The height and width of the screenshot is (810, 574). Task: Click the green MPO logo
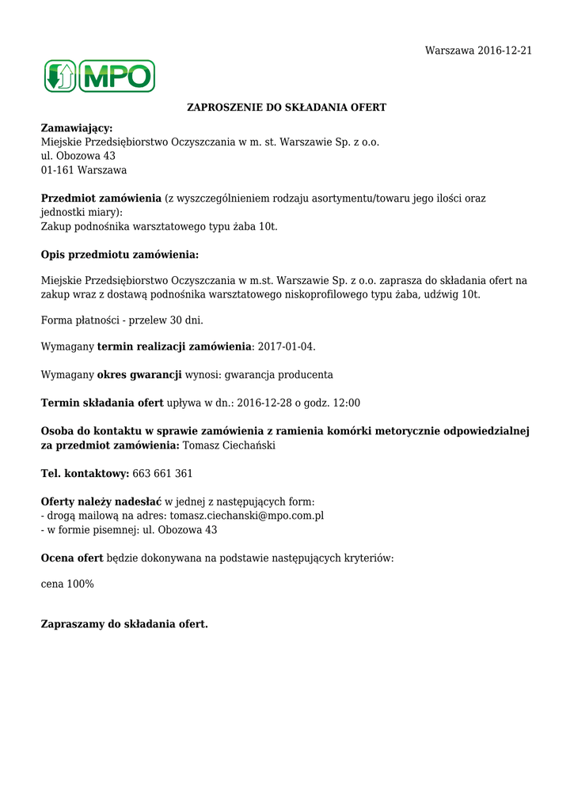pyautogui.click(x=100, y=76)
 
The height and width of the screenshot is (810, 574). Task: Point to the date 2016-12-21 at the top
pyautogui.click(x=504, y=51)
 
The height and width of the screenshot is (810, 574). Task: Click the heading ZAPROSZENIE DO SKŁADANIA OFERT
pyautogui.click(x=287, y=107)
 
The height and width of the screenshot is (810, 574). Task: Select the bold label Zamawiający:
pyautogui.click(x=77, y=127)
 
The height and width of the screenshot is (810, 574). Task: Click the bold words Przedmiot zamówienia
pyautogui.click(x=101, y=198)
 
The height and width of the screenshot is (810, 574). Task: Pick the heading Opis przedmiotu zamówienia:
pyautogui.click(x=120, y=255)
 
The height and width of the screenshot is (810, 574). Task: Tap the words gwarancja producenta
pyautogui.click(x=279, y=374)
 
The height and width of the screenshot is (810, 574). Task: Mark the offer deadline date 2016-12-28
pyautogui.click(x=266, y=403)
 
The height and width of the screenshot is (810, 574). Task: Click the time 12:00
pyautogui.click(x=347, y=403)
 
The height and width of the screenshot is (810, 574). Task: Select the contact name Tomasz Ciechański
pyautogui.click(x=229, y=445)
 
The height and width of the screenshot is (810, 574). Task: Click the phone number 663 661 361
pyautogui.click(x=162, y=473)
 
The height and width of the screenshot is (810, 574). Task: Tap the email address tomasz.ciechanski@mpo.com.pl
pyautogui.click(x=247, y=516)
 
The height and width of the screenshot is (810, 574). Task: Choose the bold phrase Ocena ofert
pyautogui.click(x=72, y=558)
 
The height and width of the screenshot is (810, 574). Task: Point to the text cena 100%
pyautogui.click(x=67, y=584)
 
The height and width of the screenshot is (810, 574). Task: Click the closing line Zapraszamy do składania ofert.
pyautogui.click(x=124, y=624)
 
